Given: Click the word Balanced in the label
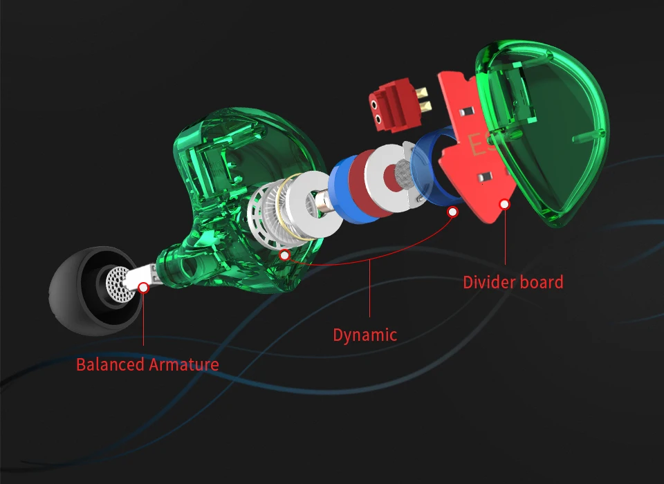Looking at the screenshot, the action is point(110,364).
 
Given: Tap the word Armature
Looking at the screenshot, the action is point(184,364).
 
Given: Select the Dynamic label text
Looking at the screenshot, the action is point(365,335).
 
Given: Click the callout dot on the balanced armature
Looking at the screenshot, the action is point(144,288).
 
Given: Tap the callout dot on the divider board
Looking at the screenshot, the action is point(504,205).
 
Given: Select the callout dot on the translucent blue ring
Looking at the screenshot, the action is point(452,212).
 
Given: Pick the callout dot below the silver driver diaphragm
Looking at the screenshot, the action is point(284,255).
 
